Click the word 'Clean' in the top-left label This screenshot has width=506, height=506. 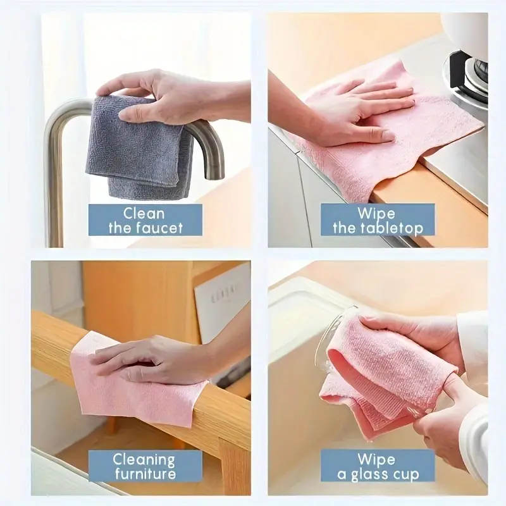pyautogui.click(x=144, y=213)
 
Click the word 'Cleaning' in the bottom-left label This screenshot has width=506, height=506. pyautogui.click(x=144, y=459)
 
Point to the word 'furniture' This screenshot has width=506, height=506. pyautogui.click(x=144, y=474)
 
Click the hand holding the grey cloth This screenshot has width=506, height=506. pyautogui.click(x=164, y=95)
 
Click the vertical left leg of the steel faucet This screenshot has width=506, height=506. pyautogui.click(x=56, y=183)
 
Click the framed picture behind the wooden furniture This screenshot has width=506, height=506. pyautogui.click(x=221, y=304)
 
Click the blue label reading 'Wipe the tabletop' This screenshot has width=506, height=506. pyautogui.click(x=378, y=220)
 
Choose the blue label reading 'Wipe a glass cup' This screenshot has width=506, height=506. pyautogui.click(x=378, y=466)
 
